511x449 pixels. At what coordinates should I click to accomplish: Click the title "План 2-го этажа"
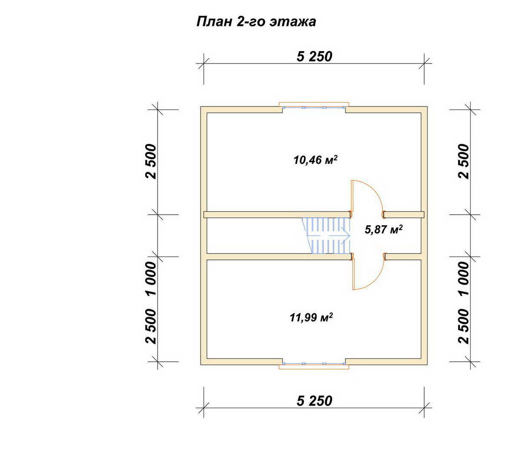coord(256,22)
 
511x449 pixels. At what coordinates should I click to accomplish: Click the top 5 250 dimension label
coord(314,57)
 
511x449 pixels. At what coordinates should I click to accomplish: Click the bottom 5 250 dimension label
coord(314,401)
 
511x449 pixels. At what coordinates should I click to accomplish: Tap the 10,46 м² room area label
coord(315,160)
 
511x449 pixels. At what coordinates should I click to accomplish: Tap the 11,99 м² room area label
coord(311,317)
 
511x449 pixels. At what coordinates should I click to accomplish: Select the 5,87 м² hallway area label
coord(383,230)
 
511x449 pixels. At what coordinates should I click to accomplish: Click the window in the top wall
coord(314,107)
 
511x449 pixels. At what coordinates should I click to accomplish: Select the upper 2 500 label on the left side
coord(151,161)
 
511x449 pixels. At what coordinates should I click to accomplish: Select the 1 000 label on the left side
coord(151,278)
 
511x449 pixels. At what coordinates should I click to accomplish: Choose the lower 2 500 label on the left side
coord(151,326)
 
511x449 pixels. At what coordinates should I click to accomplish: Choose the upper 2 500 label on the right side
coord(463,161)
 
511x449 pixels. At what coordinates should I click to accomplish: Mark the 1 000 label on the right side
coord(463,278)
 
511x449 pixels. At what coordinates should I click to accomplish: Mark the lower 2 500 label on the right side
coord(463,326)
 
